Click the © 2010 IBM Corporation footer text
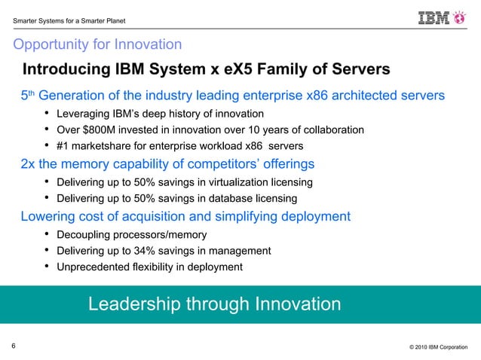[438, 347]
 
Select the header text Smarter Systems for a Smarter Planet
[65, 19]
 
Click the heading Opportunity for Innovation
[97, 44]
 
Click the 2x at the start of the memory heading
[29, 163]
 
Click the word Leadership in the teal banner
[133, 304]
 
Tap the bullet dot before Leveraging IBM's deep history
[47, 114]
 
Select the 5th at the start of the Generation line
[27, 96]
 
